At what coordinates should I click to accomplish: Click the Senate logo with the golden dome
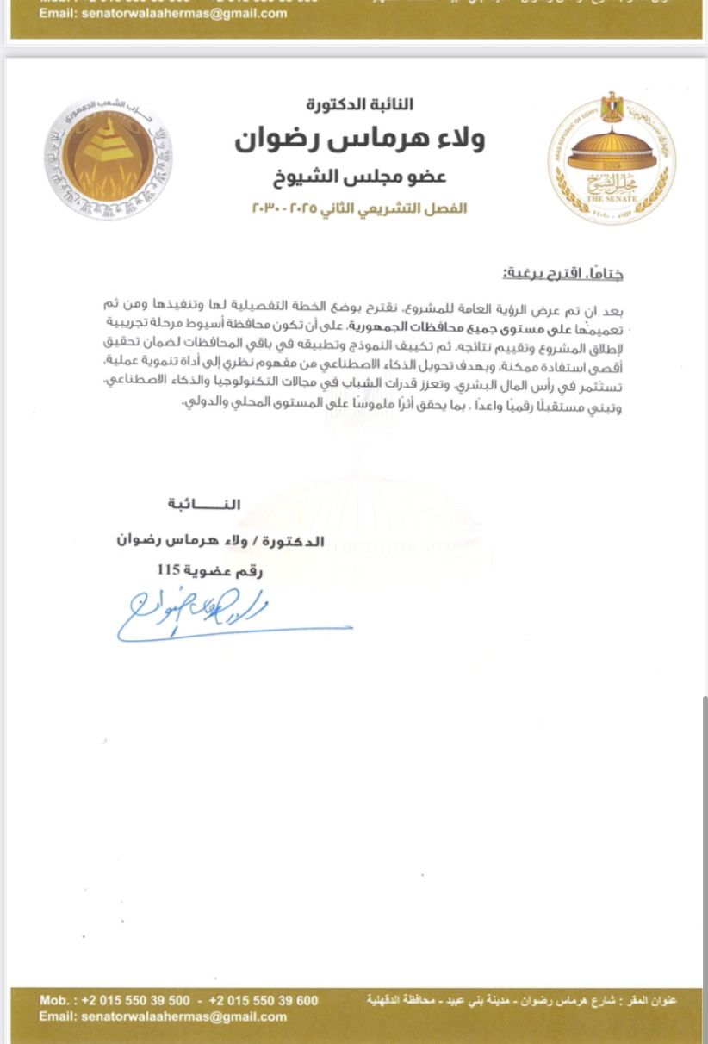[611, 159]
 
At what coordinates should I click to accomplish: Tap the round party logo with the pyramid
[109, 158]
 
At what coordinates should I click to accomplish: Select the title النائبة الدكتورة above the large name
[360, 105]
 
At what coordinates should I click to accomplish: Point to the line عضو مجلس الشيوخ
[360, 177]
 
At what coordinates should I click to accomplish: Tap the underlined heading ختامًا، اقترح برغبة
[563, 274]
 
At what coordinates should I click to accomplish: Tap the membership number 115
[169, 569]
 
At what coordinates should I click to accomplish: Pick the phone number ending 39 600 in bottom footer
[264, 1000]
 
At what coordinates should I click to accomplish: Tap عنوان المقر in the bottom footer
[656, 1000]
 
